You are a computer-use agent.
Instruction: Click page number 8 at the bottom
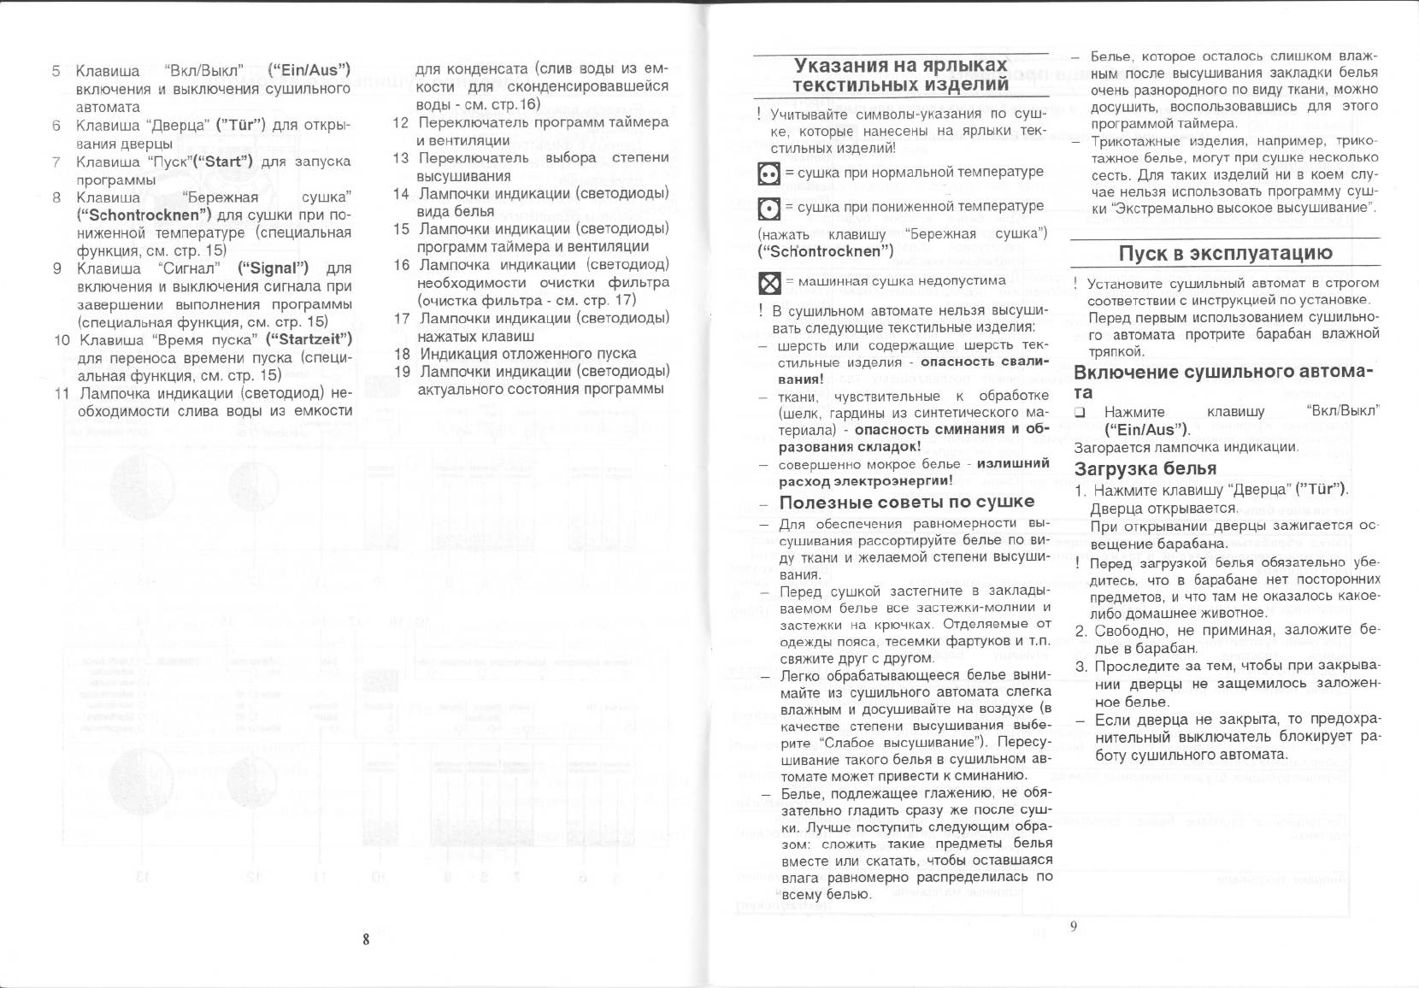[x=366, y=939]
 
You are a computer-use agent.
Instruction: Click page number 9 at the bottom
[x=1073, y=926]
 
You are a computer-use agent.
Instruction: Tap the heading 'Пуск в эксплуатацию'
[x=1225, y=253]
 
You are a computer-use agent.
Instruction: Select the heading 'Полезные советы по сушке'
[x=907, y=502]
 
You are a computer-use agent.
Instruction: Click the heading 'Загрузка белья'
[x=1145, y=468]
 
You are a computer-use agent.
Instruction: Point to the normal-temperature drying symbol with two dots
[x=769, y=173]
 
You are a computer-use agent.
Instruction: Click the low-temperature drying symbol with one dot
[x=769, y=209]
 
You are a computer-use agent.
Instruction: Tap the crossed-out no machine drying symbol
[x=769, y=282]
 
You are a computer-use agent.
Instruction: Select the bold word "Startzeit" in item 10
[x=309, y=339]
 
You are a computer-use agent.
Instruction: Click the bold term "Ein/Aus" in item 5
[x=309, y=70]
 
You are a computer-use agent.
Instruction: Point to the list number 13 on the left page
[x=401, y=158]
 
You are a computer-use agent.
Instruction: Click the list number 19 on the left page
[x=403, y=372]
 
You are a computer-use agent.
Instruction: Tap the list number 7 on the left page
[x=56, y=162]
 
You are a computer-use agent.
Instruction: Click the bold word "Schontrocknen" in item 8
[x=143, y=215]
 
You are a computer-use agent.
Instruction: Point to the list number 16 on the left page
[x=402, y=265]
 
